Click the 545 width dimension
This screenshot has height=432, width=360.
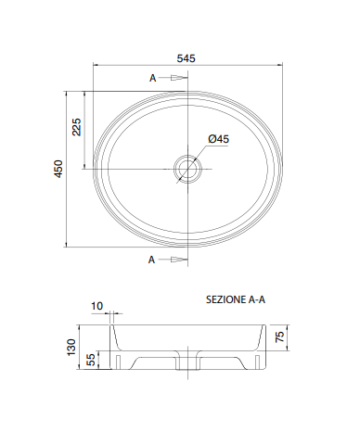(x=186, y=58)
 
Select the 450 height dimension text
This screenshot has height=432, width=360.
(x=58, y=169)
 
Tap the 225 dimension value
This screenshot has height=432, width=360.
(x=76, y=127)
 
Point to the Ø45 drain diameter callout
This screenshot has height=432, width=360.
(x=219, y=139)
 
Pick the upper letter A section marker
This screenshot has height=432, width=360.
(x=153, y=78)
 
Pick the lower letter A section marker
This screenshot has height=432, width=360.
(x=151, y=260)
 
